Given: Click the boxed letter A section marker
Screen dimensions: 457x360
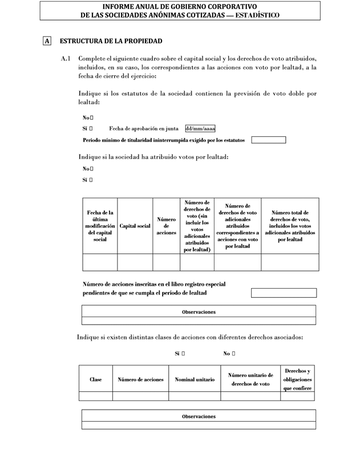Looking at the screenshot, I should pyautogui.click(x=47, y=41).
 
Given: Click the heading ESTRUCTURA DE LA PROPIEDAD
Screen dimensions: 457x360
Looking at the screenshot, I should pyautogui.click(x=111, y=41).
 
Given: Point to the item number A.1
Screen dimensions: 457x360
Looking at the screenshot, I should pyautogui.click(x=66, y=59).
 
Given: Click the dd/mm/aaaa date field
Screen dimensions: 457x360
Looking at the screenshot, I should pyautogui.click(x=200, y=129).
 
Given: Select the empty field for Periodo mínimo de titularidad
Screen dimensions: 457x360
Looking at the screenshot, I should pyautogui.click(x=268, y=140).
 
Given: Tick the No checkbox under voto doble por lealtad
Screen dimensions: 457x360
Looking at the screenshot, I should pyautogui.click(x=91, y=118).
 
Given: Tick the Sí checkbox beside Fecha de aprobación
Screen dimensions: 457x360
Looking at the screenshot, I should pyautogui.click(x=91, y=129).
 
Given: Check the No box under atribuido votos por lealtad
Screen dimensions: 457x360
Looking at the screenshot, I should pyautogui.click(x=91, y=169).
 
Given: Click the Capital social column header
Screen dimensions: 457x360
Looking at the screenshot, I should pyautogui.click(x=135, y=226).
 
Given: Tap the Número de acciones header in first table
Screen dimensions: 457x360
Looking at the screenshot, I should pyautogui.click(x=166, y=226).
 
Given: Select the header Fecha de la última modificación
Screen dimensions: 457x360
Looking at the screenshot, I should pyautogui.click(x=100, y=226).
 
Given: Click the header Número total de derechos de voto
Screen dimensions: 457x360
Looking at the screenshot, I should pyautogui.click(x=290, y=226).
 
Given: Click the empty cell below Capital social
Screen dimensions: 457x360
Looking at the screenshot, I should pyautogui.click(x=135, y=262).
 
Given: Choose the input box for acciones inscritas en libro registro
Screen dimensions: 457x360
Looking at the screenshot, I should pyautogui.click(x=284, y=293).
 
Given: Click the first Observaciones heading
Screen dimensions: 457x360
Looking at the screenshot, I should pyautogui.click(x=199, y=312).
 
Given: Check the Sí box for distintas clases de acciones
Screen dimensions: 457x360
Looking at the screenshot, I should pyautogui.click(x=183, y=354).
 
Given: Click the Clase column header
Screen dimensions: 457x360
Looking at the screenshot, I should pyautogui.click(x=96, y=379).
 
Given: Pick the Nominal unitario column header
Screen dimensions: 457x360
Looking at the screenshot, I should pyautogui.click(x=195, y=379).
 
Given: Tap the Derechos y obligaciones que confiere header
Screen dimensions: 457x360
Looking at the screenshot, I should pyautogui.click(x=297, y=379).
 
